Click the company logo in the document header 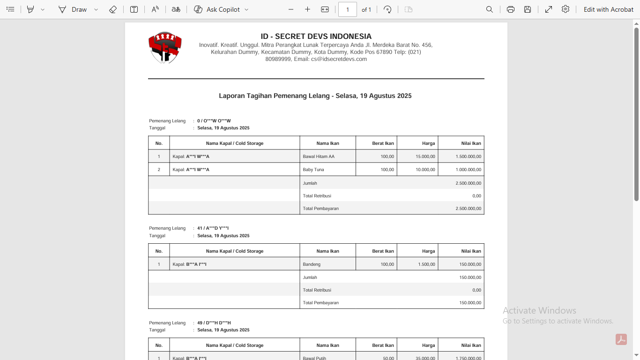[x=165, y=47]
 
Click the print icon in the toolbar [x=510, y=9]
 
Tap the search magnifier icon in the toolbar [x=490, y=9]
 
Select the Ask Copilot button [x=221, y=9]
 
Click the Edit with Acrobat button [x=608, y=9]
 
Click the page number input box [x=347, y=9]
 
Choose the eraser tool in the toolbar [x=112, y=9]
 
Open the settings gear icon [x=566, y=9]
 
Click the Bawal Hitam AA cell [x=319, y=157]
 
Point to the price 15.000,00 [x=425, y=157]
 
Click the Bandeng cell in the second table [x=312, y=264]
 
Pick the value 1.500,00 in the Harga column [x=426, y=264]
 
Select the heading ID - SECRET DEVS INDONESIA [x=316, y=37]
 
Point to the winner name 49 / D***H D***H [x=214, y=323]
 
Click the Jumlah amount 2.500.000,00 [x=468, y=183]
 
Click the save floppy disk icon [x=528, y=9]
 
